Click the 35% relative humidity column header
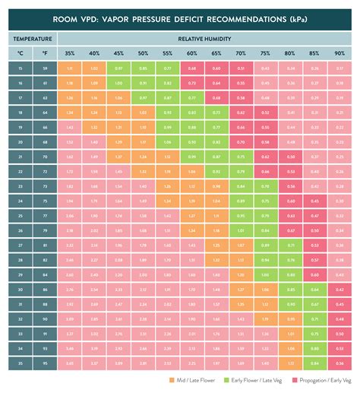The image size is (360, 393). (x=70, y=53)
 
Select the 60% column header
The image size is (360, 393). (x=191, y=53)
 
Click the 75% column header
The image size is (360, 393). (x=264, y=53)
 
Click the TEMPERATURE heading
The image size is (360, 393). (x=33, y=37)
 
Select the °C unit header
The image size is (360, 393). (x=21, y=53)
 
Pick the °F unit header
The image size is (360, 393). (x=45, y=53)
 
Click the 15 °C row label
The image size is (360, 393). (x=21, y=68)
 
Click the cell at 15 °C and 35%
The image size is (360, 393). (x=70, y=68)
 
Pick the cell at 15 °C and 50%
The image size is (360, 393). (x=143, y=68)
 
